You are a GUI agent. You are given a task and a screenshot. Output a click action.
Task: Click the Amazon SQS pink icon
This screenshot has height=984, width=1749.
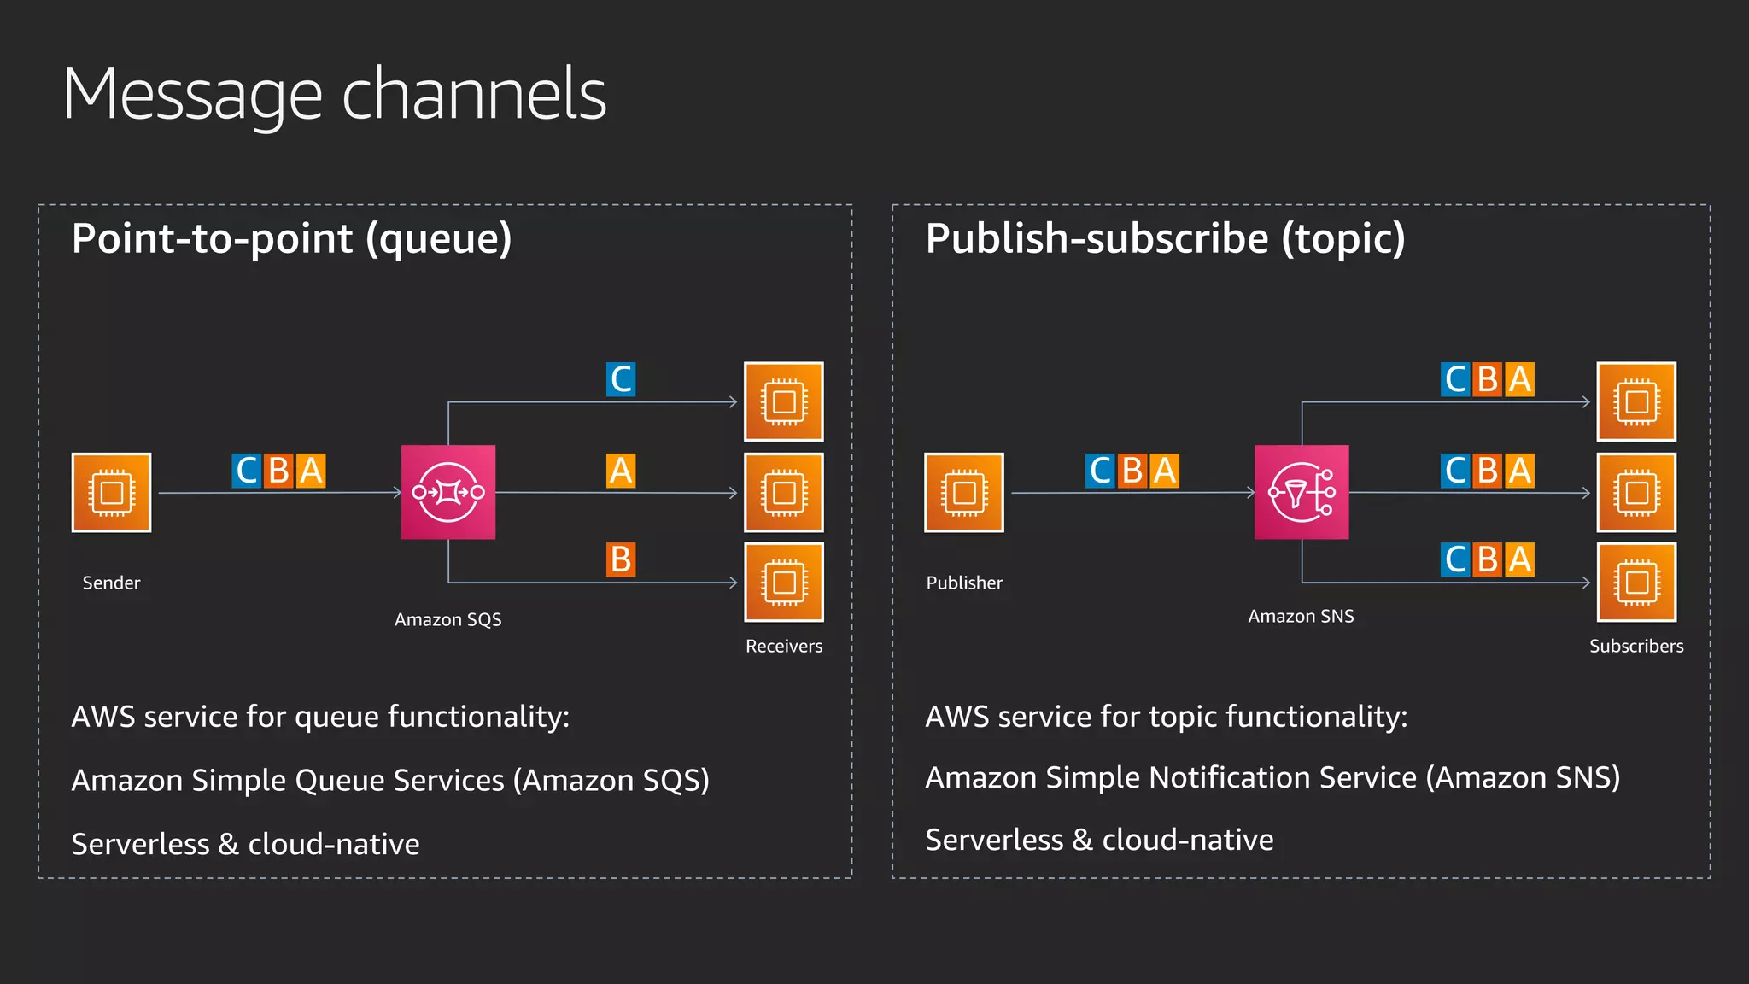pyautogui.click(x=448, y=492)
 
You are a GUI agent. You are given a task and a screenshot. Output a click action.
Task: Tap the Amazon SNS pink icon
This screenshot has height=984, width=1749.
pyautogui.click(x=1302, y=492)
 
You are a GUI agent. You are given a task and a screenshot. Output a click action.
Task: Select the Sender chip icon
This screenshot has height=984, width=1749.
pyautogui.click(x=112, y=493)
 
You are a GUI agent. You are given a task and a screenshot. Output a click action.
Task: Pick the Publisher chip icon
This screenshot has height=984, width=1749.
pyautogui.click(x=964, y=493)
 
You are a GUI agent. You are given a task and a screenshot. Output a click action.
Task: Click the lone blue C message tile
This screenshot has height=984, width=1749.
pyautogui.click(x=621, y=379)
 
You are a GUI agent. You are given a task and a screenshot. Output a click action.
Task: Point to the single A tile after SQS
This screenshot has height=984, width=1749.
pyautogui.click(x=621, y=471)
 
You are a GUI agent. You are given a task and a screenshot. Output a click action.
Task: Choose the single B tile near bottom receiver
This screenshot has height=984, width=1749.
pyautogui.click(x=621, y=560)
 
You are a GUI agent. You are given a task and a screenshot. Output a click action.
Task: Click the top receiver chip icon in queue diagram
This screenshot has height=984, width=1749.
pyautogui.click(x=784, y=401)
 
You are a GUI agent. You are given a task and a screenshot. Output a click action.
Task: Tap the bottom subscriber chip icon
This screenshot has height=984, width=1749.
pyautogui.click(x=1636, y=583)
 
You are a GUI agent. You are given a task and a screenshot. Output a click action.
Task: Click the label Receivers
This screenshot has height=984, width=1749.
pyautogui.click(x=784, y=647)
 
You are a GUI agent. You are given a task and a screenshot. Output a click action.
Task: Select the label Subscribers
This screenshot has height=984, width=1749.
pyautogui.click(x=1636, y=647)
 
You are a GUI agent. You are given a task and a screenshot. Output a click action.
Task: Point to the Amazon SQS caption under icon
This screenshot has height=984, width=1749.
pyautogui.click(x=448, y=620)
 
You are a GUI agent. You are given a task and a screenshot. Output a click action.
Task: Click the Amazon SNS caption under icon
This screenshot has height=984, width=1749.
pyautogui.click(x=1301, y=617)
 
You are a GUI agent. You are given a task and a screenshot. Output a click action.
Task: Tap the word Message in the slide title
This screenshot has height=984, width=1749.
pyautogui.click(x=193, y=96)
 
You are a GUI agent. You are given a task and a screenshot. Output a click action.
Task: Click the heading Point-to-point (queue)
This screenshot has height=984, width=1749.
pyautogui.click(x=292, y=238)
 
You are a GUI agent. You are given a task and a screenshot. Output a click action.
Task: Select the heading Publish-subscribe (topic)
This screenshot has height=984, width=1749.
pyautogui.click(x=1165, y=238)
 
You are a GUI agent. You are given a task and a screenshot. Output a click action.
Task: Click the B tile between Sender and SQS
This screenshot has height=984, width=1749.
pyautogui.click(x=278, y=471)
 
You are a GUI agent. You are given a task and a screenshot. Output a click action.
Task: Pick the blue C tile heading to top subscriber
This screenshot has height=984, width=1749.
pyautogui.click(x=1456, y=379)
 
